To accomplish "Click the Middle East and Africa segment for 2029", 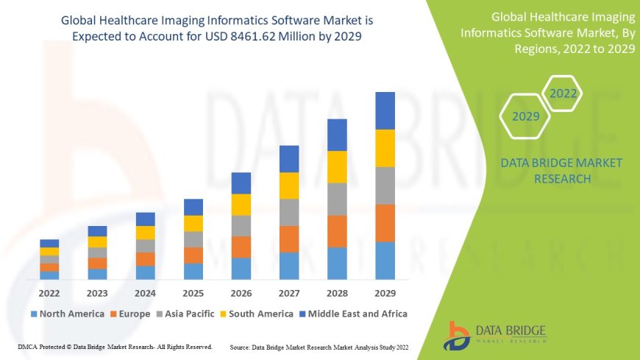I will [385, 110].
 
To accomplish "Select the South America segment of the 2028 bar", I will [337, 166].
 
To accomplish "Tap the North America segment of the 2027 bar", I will [289, 266].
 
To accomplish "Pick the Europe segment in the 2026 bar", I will [241, 247].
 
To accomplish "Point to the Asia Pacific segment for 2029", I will [385, 186].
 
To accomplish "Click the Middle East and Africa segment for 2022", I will [49, 243].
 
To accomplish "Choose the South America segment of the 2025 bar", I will [193, 223].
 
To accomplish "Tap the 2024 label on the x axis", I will [146, 292].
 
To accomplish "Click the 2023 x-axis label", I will [97, 292].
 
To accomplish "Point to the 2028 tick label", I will [337, 292].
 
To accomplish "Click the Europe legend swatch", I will [113, 314].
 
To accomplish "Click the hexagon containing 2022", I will [563, 93].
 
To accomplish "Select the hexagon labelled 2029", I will [526, 116].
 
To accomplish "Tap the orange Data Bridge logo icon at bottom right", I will [458, 335].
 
